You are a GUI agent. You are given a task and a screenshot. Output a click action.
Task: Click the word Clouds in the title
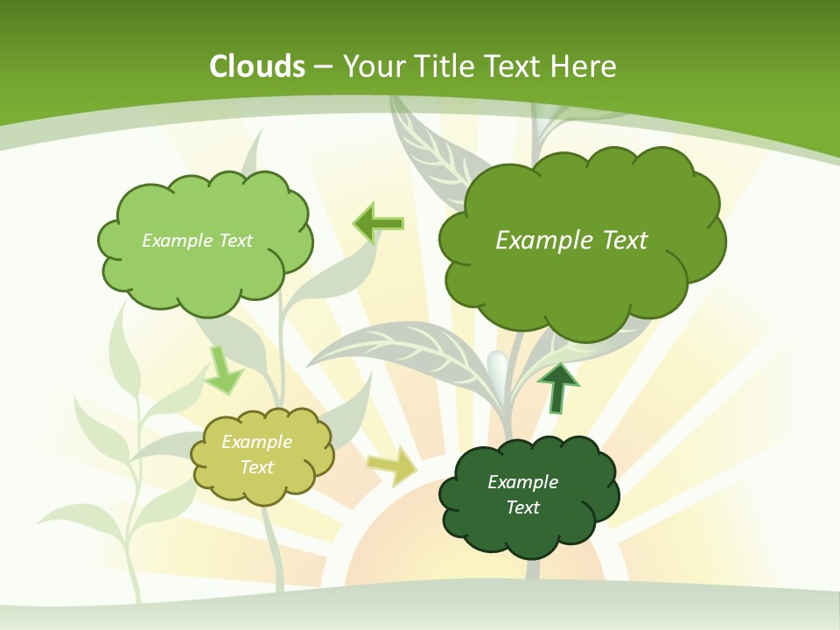coord(257,66)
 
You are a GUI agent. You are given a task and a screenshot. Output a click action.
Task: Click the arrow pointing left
coord(379,224)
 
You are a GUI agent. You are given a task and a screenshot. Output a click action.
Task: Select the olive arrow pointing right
coord(392,465)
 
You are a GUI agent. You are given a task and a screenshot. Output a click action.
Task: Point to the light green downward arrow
coord(223,370)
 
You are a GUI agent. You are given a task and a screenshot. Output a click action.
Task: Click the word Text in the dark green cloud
coord(522,507)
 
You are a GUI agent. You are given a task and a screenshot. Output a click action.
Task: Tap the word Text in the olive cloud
coord(257,467)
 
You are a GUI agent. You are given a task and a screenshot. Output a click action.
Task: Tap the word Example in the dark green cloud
coord(522,482)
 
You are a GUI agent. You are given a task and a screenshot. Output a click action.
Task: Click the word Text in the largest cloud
coord(623,241)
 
